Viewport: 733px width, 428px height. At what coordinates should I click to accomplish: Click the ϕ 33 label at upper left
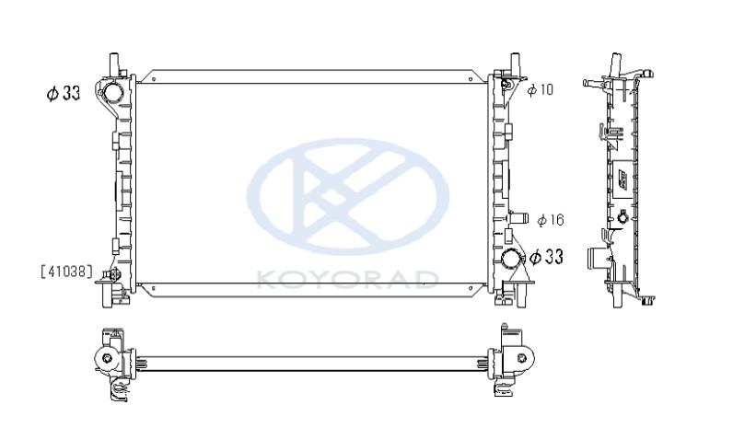pyautogui.click(x=64, y=93)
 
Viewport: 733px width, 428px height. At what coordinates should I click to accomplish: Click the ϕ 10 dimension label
pyautogui.click(x=540, y=89)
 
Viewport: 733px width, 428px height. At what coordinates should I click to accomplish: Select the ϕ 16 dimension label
pyautogui.click(x=551, y=220)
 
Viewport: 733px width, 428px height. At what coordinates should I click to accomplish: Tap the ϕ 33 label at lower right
pyautogui.click(x=546, y=257)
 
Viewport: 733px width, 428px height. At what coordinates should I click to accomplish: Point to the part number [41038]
pyautogui.click(x=67, y=272)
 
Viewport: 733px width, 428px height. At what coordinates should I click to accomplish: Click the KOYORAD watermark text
pyautogui.click(x=348, y=279)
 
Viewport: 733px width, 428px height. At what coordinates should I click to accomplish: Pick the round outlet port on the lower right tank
pyautogui.click(x=510, y=259)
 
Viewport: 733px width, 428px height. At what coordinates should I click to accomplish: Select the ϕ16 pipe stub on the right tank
pyautogui.click(x=518, y=219)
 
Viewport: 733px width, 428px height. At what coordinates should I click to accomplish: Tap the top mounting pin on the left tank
pyautogui.click(x=114, y=64)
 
